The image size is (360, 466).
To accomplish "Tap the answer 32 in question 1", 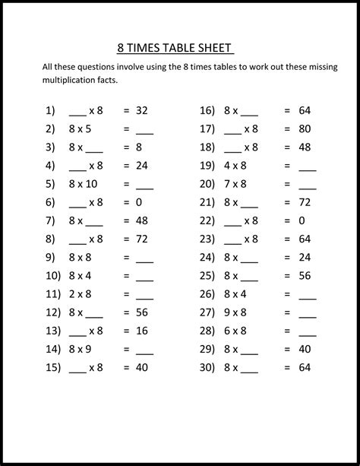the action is pos(141,110).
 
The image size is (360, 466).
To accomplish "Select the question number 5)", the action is pos(50,184).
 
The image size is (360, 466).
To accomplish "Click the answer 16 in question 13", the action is pos(141,331).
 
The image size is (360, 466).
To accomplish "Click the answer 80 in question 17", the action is pos(305,128).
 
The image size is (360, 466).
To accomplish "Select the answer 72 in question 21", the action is pos(305,202).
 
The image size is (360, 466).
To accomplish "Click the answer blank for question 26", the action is pos(308,296).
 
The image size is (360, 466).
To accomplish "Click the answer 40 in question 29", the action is pos(305,349).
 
